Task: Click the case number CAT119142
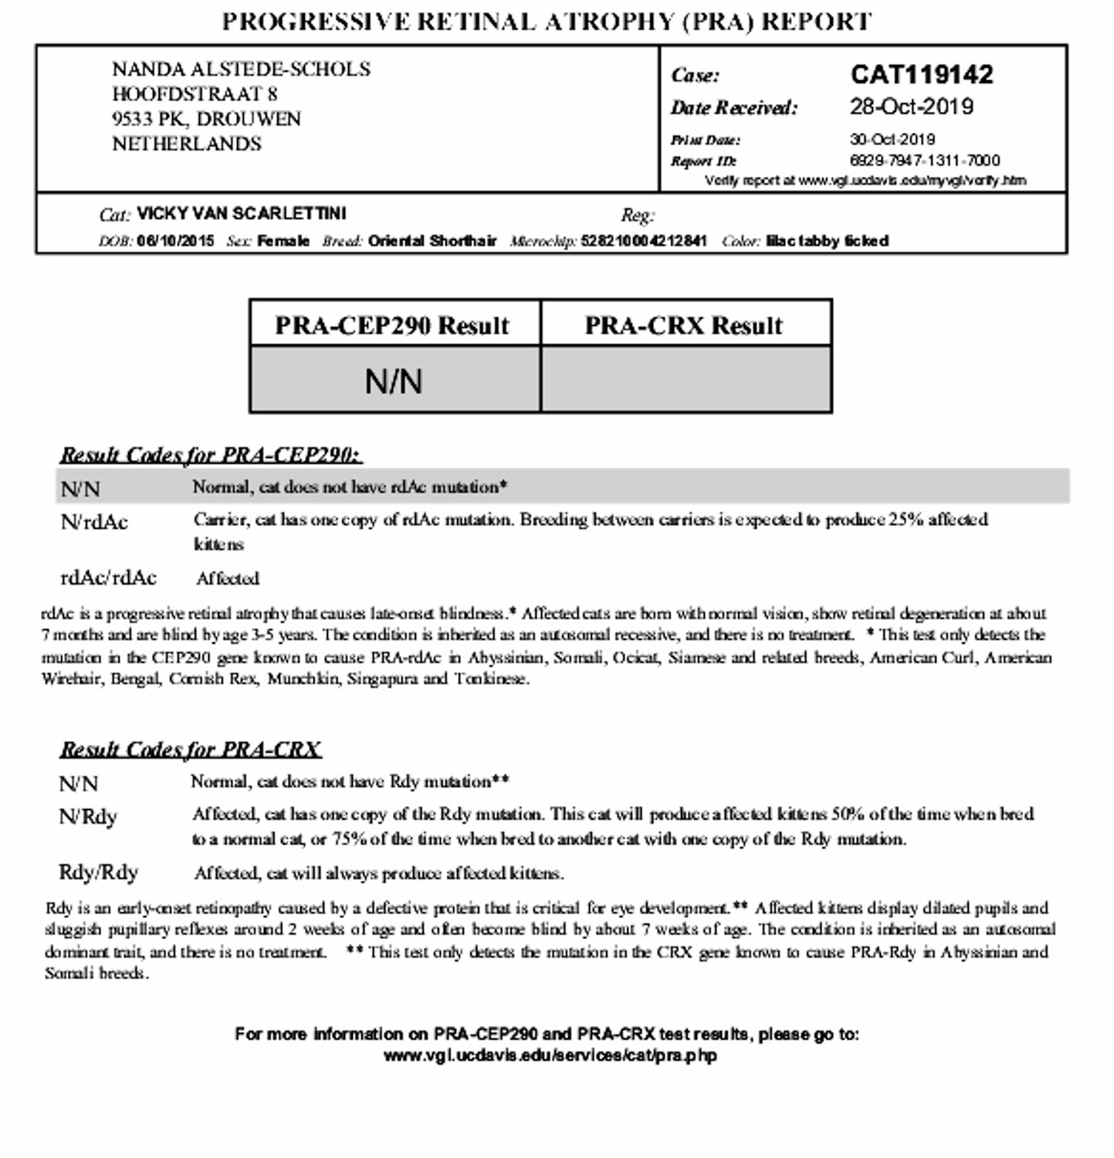(922, 75)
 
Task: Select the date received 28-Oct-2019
(911, 107)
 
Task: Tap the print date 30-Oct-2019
(892, 140)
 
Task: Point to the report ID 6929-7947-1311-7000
(924, 161)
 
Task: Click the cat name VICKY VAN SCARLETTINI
(242, 213)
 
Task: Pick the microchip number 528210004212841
(643, 241)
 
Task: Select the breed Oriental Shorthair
(432, 241)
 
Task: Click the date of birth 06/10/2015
(175, 241)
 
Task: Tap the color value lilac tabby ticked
(827, 241)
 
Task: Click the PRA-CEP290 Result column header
(393, 325)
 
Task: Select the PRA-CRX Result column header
(684, 325)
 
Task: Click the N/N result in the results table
(394, 381)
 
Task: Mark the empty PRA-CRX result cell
(686, 379)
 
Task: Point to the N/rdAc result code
(94, 523)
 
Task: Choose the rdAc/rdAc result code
(109, 577)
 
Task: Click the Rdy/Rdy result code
(98, 872)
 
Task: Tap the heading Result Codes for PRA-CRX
(190, 749)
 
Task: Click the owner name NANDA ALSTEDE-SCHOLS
(241, 69)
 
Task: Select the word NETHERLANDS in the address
(187, 144)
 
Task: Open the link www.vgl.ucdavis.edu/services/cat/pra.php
(550, 1055)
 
